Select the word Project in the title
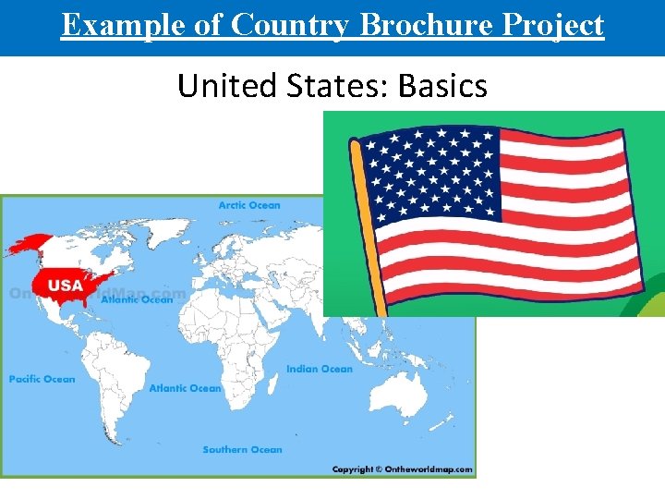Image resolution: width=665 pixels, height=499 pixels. (x=552, y=25)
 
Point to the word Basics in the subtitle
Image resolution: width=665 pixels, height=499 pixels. (x=442, y=86)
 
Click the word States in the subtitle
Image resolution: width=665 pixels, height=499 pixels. (x=343, y=86)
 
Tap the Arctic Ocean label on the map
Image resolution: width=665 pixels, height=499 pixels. (x=249, y=205)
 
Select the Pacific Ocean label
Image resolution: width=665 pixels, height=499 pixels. (x=42, y=379)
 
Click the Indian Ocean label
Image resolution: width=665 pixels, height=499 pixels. (x=319, y=370)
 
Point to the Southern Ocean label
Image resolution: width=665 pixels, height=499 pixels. (x=242, y=450)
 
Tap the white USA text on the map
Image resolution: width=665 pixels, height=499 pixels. (x=65, y=285)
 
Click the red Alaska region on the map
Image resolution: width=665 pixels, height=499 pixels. (x=28, y=245)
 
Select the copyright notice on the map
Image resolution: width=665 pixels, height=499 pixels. (x=403, y=469)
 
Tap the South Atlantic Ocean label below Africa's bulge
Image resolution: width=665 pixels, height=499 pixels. (x=185, y=388)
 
